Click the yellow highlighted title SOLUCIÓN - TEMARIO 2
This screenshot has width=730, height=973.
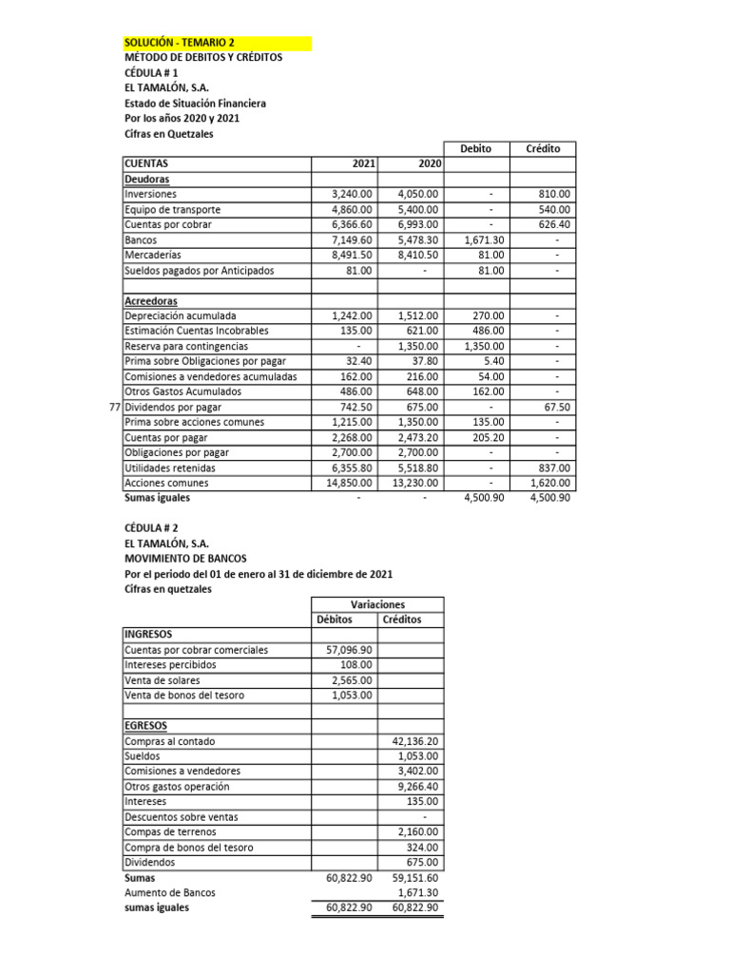coord(180,43)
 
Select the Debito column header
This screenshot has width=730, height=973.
coord(475,148)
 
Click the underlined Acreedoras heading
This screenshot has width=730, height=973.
coord(151,300)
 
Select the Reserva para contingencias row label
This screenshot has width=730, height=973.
coord(186,346)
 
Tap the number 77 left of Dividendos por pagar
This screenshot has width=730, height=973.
coord(114,407)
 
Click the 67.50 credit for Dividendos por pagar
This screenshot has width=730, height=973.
coord(555,407)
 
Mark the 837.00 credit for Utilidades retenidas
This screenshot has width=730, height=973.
coord(552,467)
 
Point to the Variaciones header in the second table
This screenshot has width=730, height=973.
coord(377,604)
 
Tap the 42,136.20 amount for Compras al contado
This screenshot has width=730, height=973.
coord(415,741)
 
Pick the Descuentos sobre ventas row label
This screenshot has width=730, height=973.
coord(182,817)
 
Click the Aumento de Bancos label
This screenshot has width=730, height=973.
coord(170,893)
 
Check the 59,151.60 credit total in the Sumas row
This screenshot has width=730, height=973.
coord(415,878)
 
